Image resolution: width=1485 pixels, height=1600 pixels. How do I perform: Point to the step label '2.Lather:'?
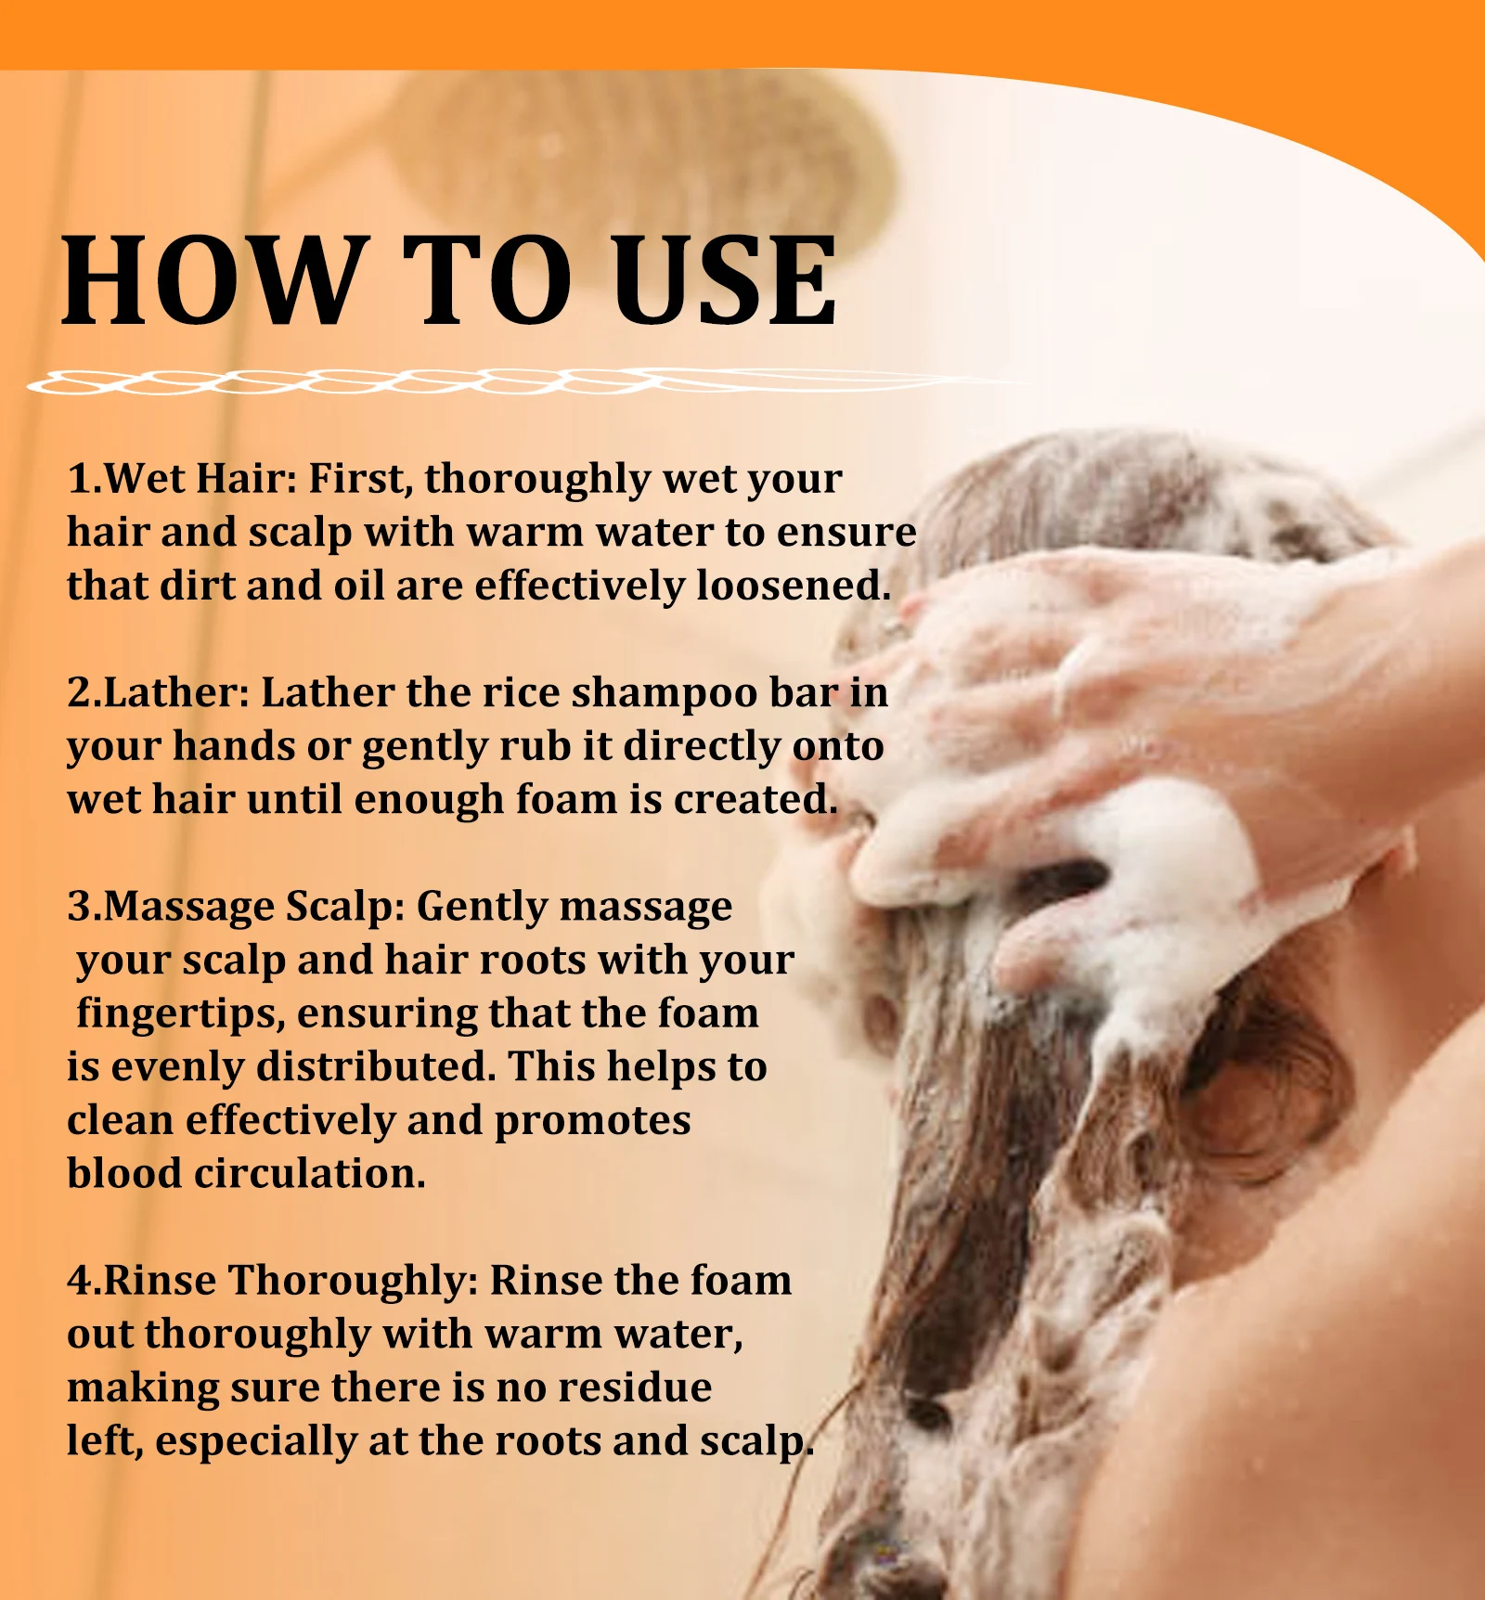pyautogui.click(x=159, y=693)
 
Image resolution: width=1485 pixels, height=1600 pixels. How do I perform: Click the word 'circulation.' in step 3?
pyautogui.click(x=310, y=1174)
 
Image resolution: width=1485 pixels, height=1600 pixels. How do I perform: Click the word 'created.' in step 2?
pyautogui.click(x=755, y=800)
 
